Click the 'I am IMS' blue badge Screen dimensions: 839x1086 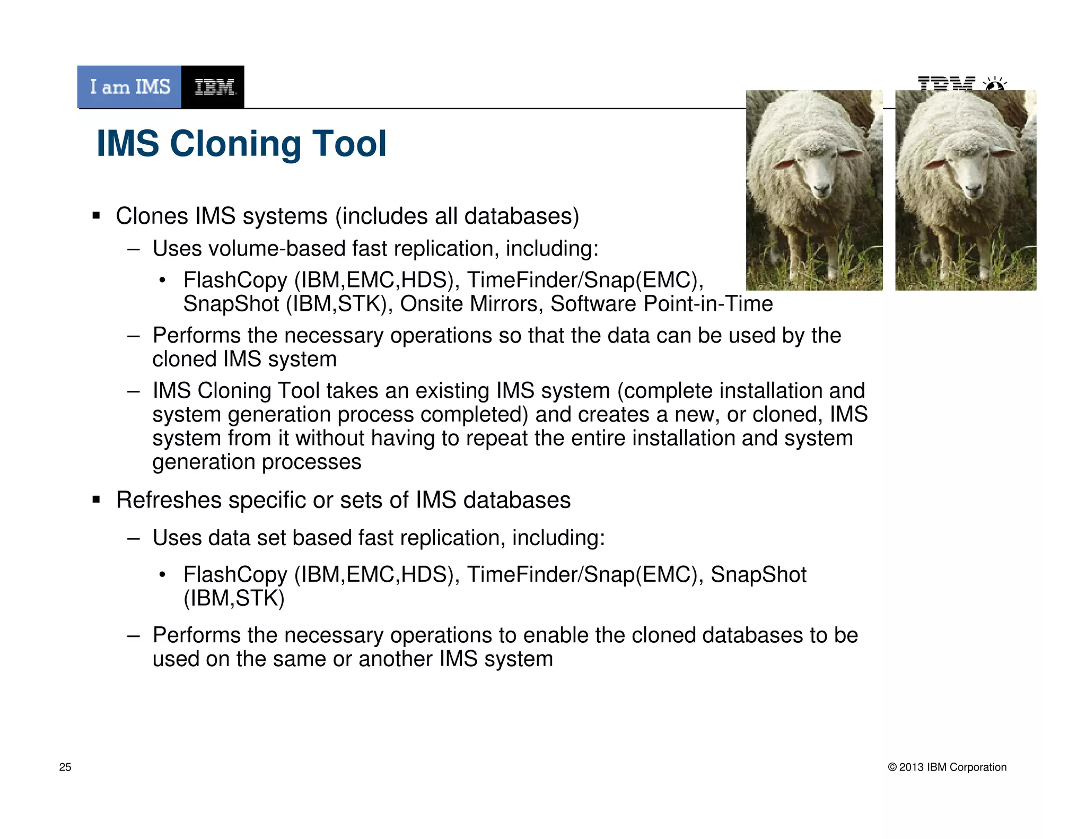click(129, 87)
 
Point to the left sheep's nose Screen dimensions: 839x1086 click(821, 188)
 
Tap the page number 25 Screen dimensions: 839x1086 click(65, 767)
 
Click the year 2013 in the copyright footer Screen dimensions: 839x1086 click(912, 767)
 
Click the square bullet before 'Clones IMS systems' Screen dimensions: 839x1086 click(96, 216)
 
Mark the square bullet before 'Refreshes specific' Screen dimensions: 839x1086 click(96, 500)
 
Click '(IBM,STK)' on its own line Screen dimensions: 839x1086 click(234, 598)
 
